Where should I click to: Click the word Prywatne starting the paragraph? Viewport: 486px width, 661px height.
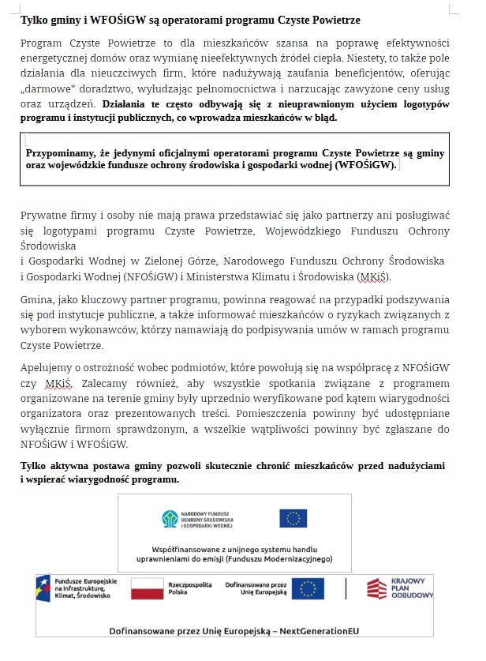[x=44, y=215]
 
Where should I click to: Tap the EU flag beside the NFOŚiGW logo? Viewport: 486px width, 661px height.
[x=293, y=519]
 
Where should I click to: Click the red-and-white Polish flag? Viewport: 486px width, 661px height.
[x=146, y=588]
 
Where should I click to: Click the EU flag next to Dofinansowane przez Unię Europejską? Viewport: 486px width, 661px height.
[x=308, y=588]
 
